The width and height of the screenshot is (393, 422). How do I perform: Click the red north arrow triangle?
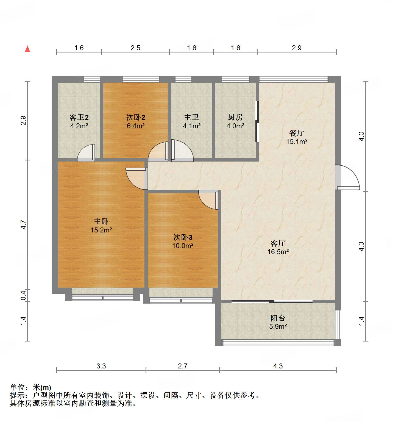(x=27, y=49)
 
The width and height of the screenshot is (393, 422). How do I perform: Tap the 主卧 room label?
(x=101, y=221)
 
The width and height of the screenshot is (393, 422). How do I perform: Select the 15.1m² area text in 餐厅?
(x=297, y=142)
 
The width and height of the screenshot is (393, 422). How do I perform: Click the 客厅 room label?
(x=278, y=243)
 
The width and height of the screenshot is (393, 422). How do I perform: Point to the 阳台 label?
(x=278, y=318)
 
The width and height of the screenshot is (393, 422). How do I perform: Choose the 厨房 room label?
(x=235, y=117)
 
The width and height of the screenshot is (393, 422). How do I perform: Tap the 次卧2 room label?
(x=136, y=117)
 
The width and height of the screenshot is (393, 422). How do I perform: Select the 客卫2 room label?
(x=79, y=117)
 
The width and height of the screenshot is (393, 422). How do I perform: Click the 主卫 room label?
(x=191, y=117)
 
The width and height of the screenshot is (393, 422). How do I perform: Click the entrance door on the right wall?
(x=347, y=177)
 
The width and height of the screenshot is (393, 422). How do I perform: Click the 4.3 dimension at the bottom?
(x=278, y=366)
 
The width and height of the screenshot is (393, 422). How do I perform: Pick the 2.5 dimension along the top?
(x=135, y=48)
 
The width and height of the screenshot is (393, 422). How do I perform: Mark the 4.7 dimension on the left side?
(x=24, y=225)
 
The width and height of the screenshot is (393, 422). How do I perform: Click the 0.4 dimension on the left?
(x=24, y=295)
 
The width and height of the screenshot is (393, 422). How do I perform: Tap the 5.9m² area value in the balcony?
(x=278, y=327)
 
